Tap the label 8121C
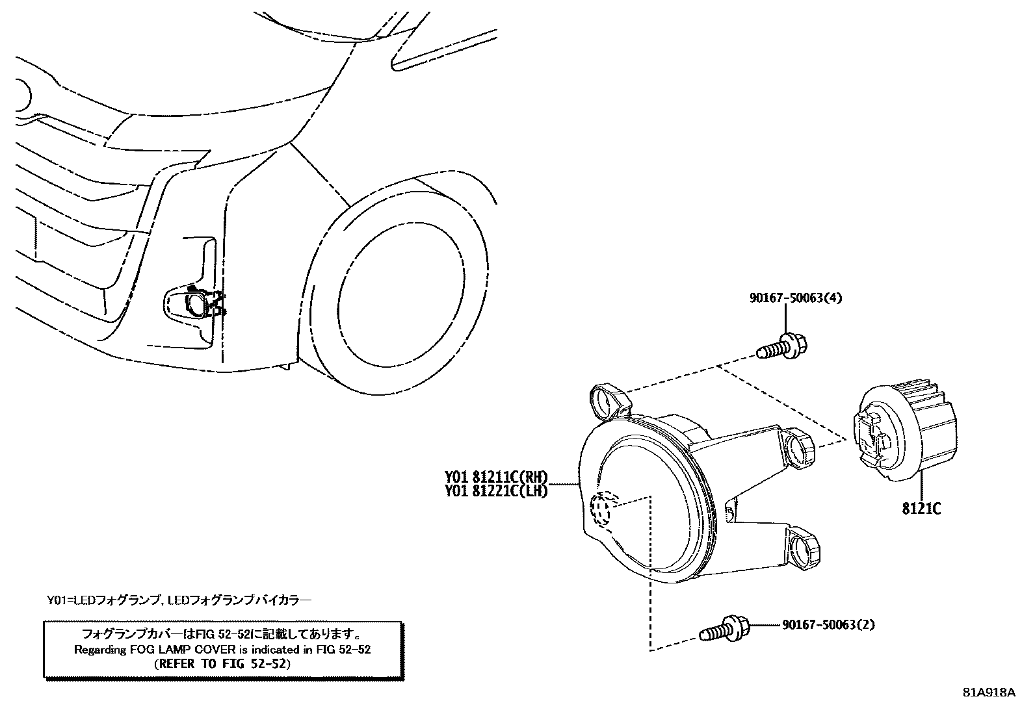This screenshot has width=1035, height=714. (921, 509)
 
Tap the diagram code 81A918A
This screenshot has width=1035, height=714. (989, 693)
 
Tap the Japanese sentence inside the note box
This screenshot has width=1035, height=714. (222, 633)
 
